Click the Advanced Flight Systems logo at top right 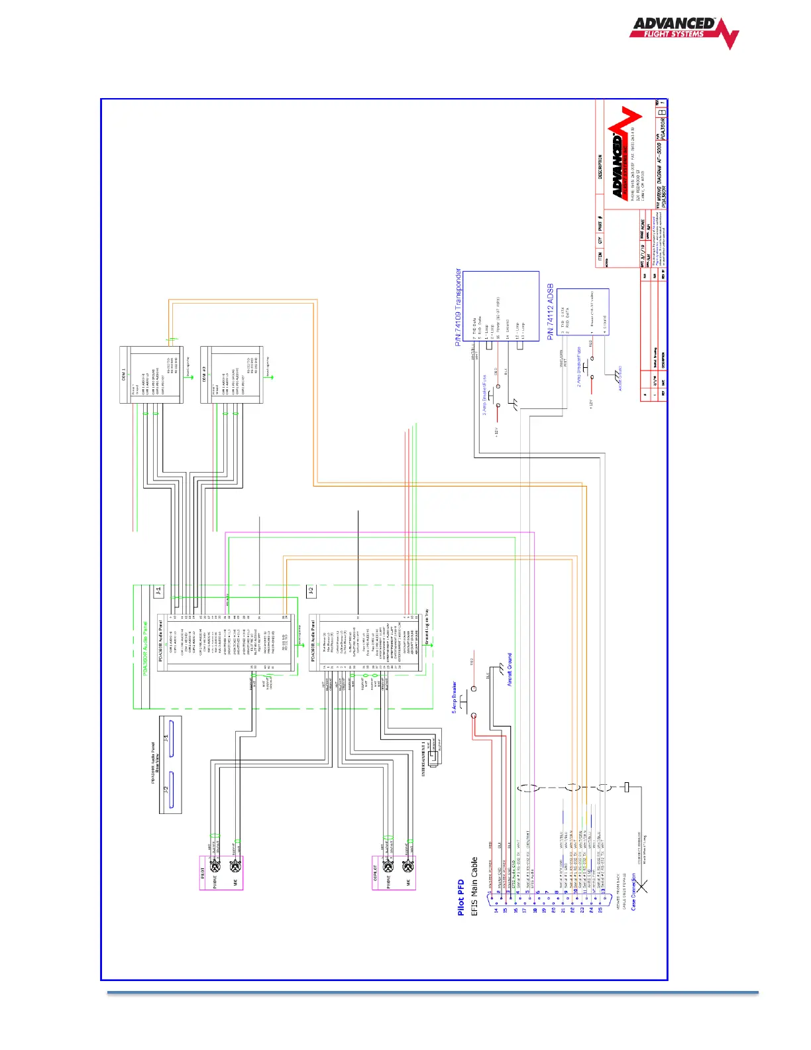click(683, 32)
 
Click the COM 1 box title click(124, 375)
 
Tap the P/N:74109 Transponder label click(458, 308)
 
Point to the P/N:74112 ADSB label click(551, 312)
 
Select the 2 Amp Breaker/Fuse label click(578, 365)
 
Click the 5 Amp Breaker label click(455, 697)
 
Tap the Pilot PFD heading click(460, 898)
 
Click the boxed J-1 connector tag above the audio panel click(158, 591)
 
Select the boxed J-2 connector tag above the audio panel click(311, 591)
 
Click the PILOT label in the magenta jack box click(203, 874)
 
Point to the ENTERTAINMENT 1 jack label click(423, 759)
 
